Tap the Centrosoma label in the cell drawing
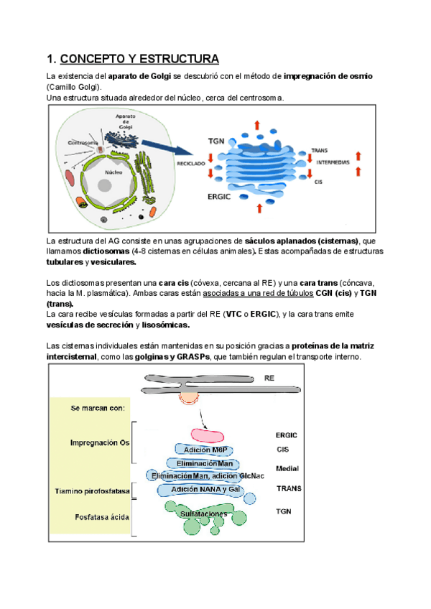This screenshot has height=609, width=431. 82,142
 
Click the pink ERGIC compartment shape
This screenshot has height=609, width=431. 207,434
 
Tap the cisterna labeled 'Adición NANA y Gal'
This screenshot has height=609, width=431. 205,489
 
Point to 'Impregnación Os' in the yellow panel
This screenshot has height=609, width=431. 101,442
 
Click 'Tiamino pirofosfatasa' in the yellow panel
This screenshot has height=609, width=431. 93,492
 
